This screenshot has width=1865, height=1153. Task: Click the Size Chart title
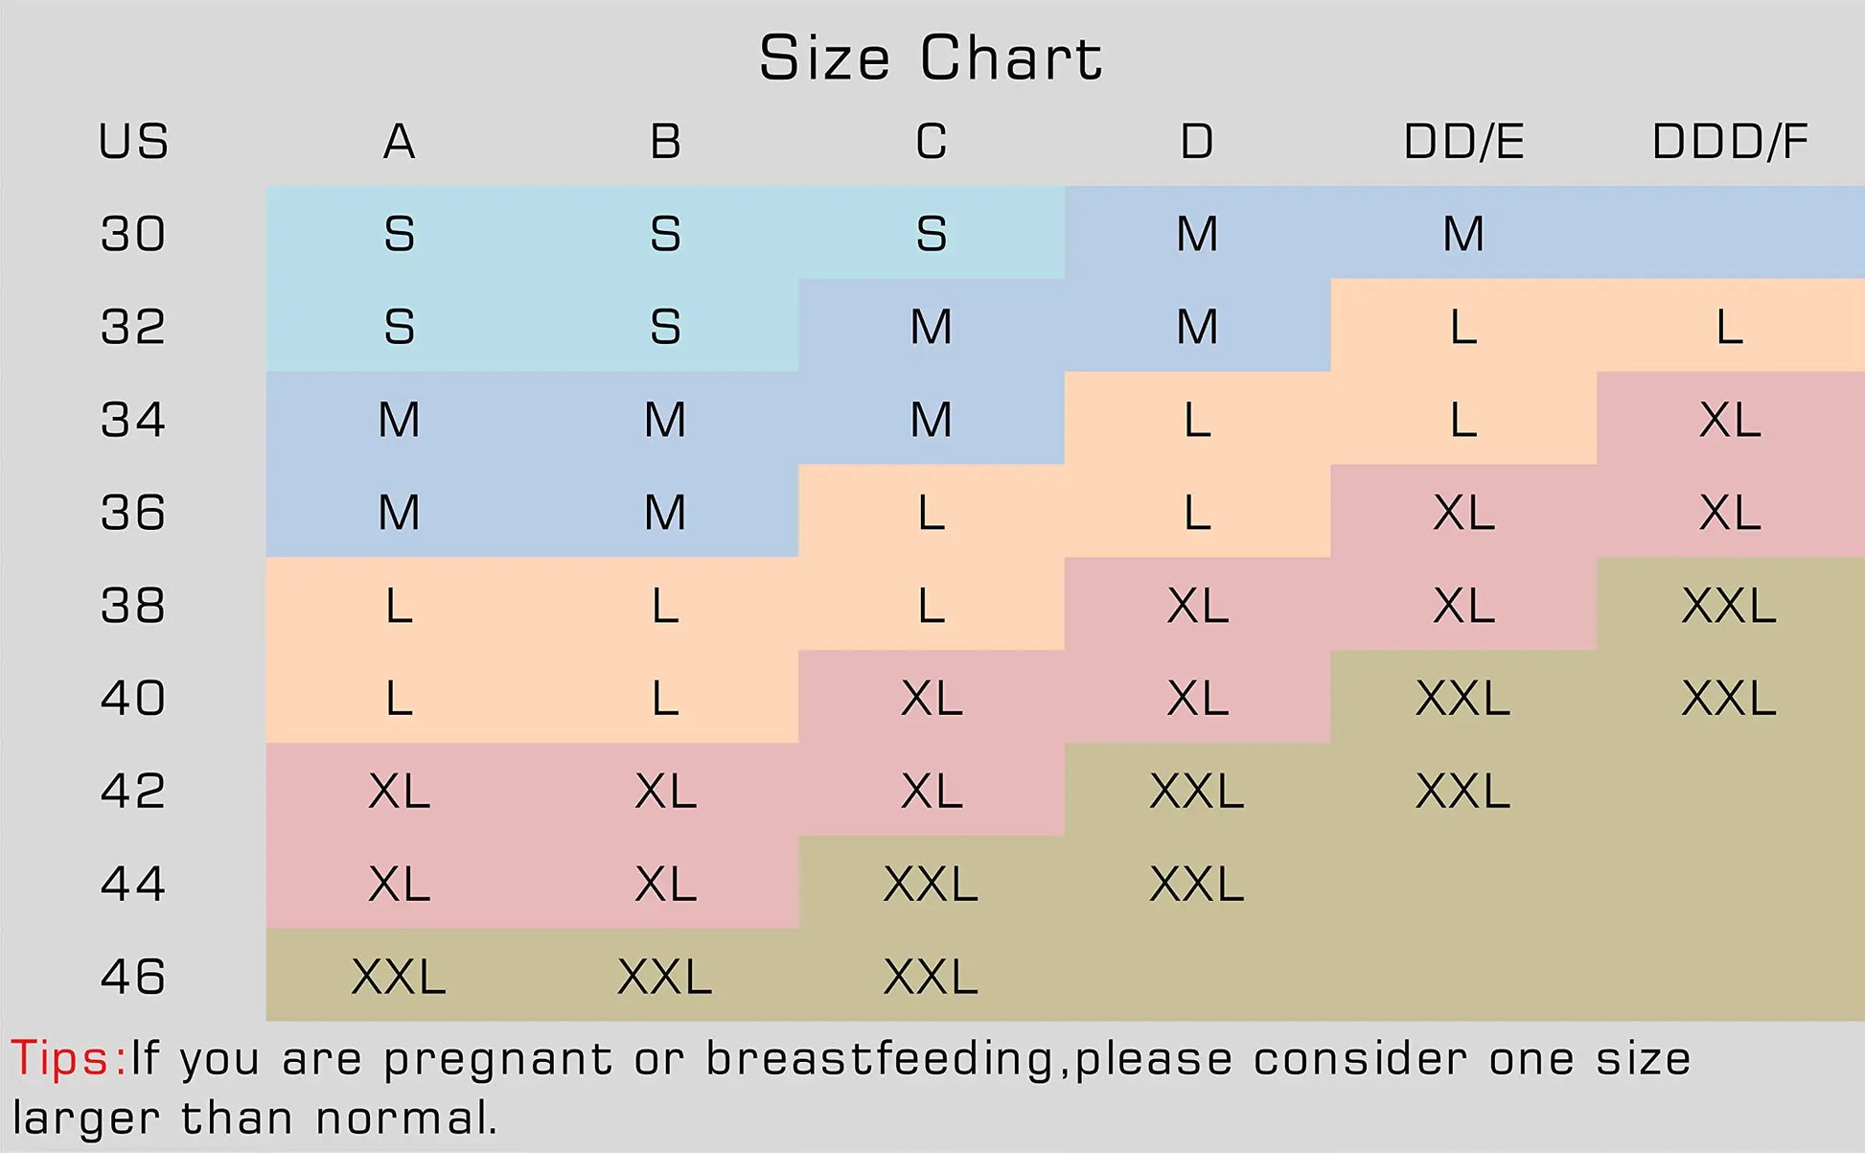coord(931,58)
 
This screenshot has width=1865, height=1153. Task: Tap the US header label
coord(133,142)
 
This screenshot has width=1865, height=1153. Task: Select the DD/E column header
coord(1463,142)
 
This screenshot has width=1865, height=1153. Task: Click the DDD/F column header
coord(1730,142)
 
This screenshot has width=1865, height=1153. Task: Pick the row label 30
coord(133,234)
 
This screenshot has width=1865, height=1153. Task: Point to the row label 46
coord(133,977)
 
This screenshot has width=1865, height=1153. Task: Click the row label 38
coord(133,606)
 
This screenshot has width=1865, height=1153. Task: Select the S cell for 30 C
coord(932,234)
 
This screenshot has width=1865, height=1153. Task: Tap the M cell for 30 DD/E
coord(1463,234)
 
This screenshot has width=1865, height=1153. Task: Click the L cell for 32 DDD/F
coord(1730,327)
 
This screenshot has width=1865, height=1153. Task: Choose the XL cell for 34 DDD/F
coord(1730,420)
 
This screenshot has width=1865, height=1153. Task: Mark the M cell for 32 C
coord(932,327)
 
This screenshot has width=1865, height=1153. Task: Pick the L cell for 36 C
coord(932,513)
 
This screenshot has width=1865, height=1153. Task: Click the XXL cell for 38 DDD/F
coord(1730,606)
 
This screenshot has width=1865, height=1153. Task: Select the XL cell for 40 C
coord(932,698)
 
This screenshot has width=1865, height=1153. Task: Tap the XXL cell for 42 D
coord(1197,791)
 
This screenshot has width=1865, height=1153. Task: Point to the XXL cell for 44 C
coord(932,884)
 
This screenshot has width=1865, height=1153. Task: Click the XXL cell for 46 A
coord(399,977)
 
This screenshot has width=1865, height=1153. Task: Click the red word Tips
coord(65,1059)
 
